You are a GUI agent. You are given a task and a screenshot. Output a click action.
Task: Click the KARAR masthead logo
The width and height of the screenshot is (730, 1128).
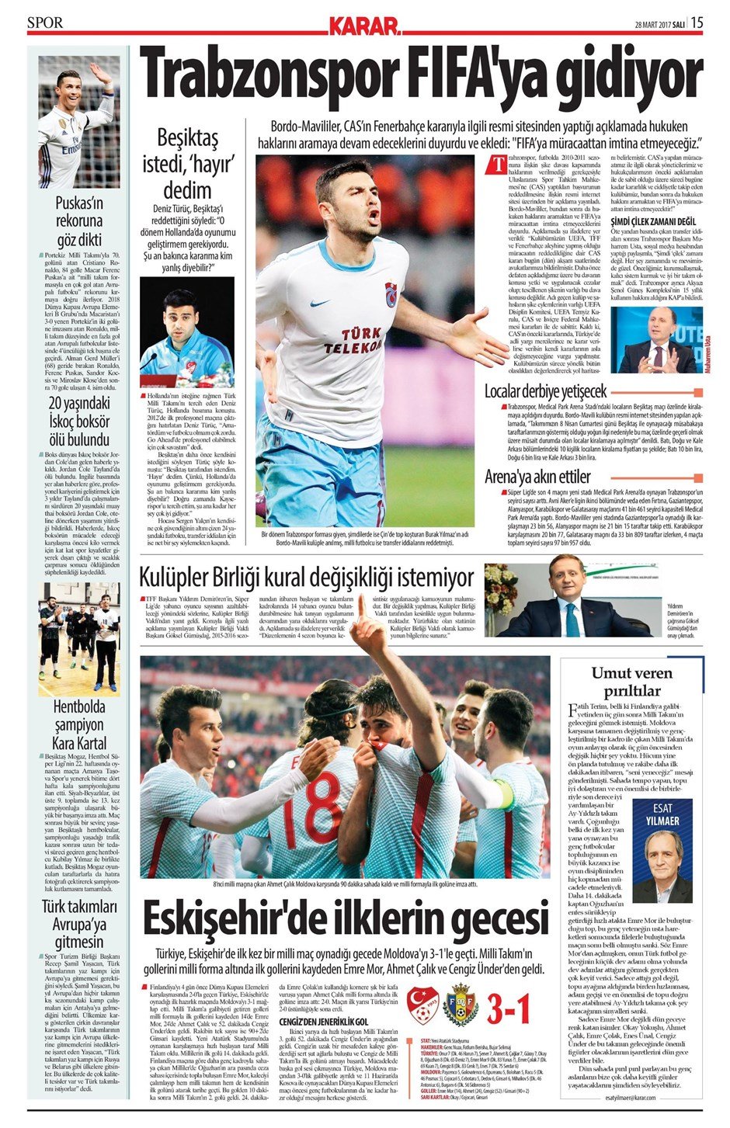click(364, 27)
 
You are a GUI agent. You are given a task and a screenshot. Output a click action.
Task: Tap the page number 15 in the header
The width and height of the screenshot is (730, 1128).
click(697, 23)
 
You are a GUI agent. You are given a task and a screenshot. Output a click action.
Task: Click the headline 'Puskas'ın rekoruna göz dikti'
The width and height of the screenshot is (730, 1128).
click(79, 221)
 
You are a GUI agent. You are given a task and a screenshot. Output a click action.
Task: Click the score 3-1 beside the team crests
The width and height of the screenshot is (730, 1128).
click(509, 1007)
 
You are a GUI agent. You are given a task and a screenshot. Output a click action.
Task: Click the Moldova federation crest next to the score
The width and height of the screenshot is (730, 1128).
click(460, 1007)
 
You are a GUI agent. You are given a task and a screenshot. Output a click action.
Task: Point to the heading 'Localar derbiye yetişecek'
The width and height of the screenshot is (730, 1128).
click(545, 390)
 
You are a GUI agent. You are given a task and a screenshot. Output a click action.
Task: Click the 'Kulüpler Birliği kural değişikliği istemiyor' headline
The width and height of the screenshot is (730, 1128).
click(306, 578)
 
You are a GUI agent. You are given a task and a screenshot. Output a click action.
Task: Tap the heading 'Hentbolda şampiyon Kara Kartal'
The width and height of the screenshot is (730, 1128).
click(79, 725)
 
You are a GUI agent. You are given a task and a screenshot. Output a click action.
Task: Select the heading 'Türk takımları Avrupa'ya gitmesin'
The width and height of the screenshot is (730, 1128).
click(79, 925)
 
